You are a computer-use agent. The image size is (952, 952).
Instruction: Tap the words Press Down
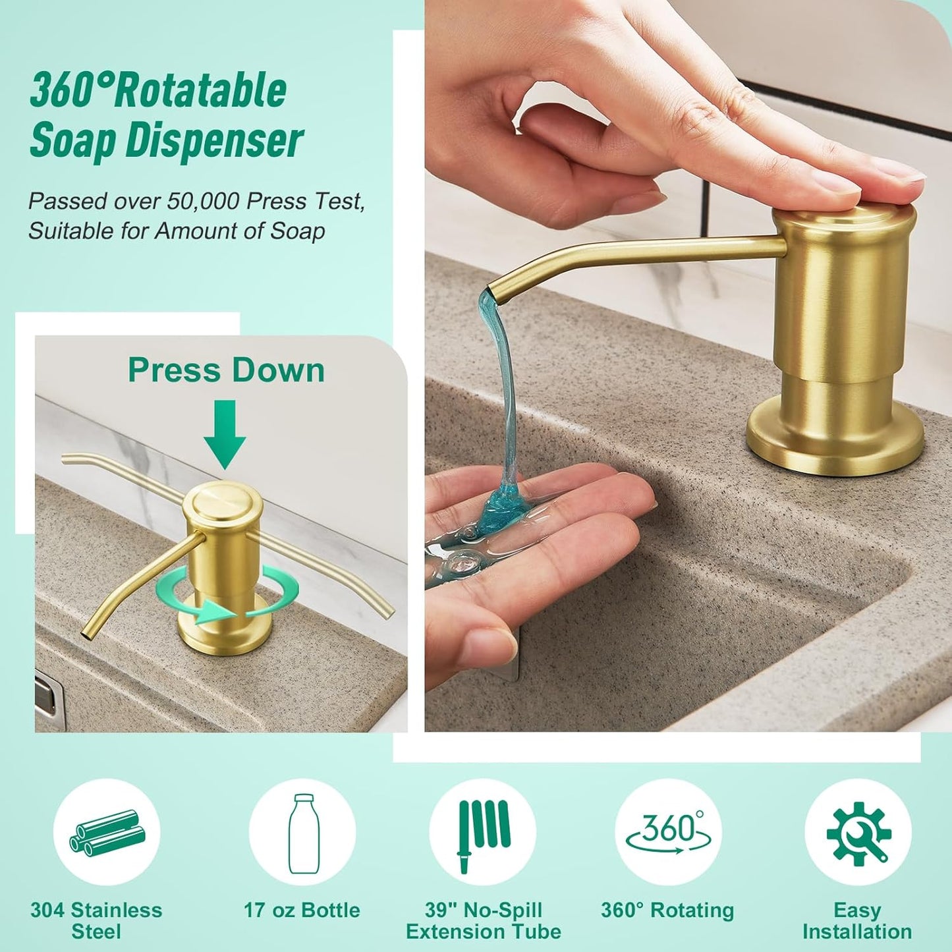click(x=226, y=370)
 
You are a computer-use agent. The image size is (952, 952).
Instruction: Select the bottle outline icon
click(x=302, y=833)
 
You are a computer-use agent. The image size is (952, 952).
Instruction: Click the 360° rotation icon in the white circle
click(x=668, y=832)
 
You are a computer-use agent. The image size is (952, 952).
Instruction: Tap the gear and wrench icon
click(x=857, y=833)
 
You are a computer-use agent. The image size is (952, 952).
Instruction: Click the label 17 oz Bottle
click(x=302, y=910)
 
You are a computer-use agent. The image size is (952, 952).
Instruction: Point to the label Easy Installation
click(x=857, y=921)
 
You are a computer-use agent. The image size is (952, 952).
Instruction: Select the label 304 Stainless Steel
click(x=96, y=921)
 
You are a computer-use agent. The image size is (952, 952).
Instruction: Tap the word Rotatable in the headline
click(x=201, y=90)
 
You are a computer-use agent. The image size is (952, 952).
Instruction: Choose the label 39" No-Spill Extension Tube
click(x=483, y=921)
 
